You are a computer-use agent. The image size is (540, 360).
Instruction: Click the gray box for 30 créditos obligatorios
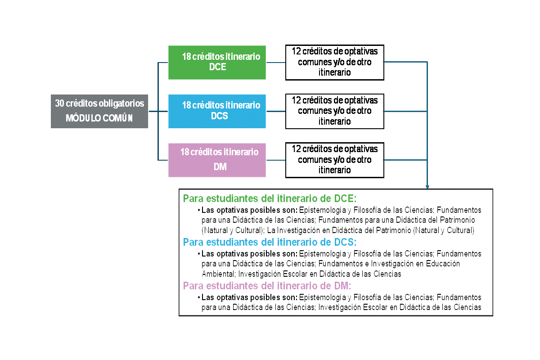99,111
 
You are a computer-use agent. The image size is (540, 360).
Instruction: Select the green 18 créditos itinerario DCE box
217,63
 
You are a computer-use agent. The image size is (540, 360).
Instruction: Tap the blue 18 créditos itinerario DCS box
217,111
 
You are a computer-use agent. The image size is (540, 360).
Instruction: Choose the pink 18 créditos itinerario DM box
217,160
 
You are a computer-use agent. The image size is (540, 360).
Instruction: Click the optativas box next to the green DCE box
334,62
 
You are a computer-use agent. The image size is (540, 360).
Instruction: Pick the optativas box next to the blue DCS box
334,111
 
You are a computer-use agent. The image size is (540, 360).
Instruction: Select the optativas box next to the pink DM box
334,160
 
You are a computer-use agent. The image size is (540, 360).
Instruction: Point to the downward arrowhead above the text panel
427,186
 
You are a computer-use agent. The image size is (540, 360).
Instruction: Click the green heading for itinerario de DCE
270,198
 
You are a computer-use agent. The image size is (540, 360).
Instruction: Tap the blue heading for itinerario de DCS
270,242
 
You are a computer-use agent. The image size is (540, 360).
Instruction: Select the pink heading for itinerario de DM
267,286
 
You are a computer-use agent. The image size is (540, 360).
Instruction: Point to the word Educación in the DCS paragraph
443,264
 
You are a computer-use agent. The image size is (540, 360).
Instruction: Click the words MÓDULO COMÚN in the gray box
99,119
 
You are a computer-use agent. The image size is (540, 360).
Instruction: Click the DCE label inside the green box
218,67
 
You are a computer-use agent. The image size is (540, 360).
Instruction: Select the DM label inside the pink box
220,167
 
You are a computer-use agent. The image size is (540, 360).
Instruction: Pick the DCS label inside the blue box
219,116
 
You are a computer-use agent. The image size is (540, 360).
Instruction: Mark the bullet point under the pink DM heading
198,297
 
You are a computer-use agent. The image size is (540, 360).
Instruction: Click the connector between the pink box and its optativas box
275,160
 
